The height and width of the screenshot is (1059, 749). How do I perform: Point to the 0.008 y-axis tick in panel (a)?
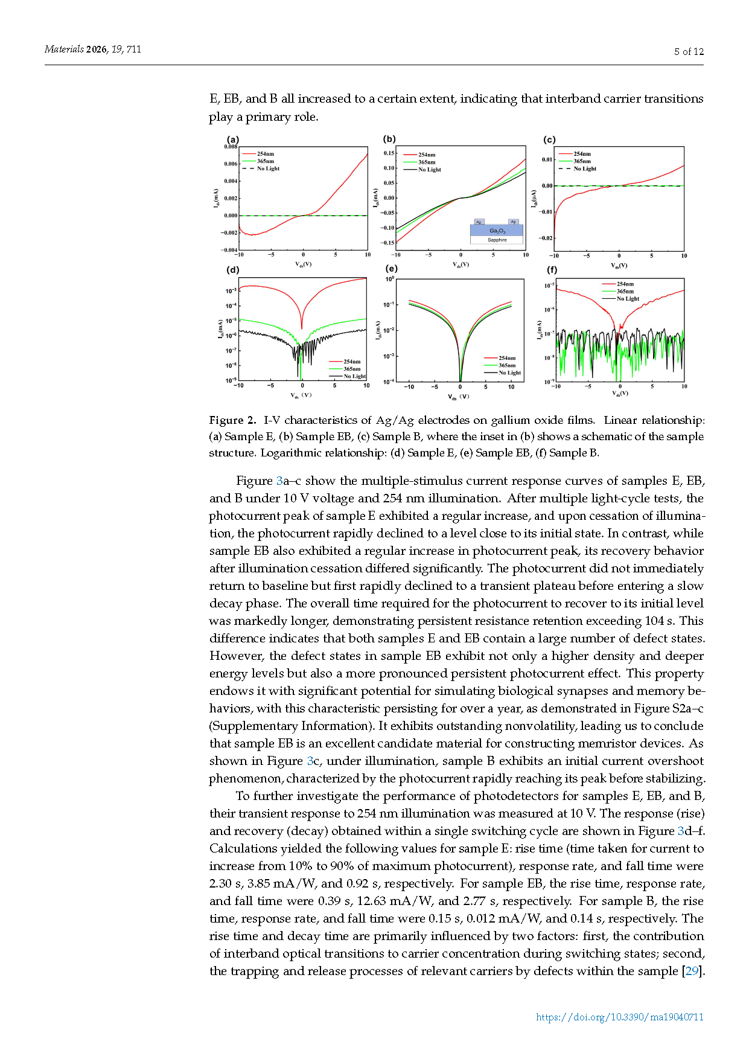coord(231,147)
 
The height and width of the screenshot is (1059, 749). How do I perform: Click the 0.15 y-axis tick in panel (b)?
coord(389,153)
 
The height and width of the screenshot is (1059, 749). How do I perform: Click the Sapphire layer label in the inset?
coord(497,240)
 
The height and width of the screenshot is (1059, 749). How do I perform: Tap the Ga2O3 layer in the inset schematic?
coord(497,231)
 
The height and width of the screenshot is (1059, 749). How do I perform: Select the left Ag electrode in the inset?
coord(479,222)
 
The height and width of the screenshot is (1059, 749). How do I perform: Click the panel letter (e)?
coord(391,269)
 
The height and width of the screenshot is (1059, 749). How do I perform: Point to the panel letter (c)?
coord(549,139)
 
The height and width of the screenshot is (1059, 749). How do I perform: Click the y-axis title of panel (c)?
coord(534,199)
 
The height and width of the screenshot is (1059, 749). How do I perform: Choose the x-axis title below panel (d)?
coord(301,395)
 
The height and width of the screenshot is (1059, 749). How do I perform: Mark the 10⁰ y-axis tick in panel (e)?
coord(390,279)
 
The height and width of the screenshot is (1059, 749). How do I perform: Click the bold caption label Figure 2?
coord(232,420)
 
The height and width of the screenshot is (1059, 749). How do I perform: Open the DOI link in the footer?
coord(620,1017)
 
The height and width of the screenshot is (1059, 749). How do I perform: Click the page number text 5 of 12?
coord(689,52)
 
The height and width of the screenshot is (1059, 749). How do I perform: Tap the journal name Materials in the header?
coord(64,50)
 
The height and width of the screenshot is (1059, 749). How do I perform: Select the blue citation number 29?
coord(692,971)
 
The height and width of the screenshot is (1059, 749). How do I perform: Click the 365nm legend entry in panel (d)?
coord(352,369)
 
